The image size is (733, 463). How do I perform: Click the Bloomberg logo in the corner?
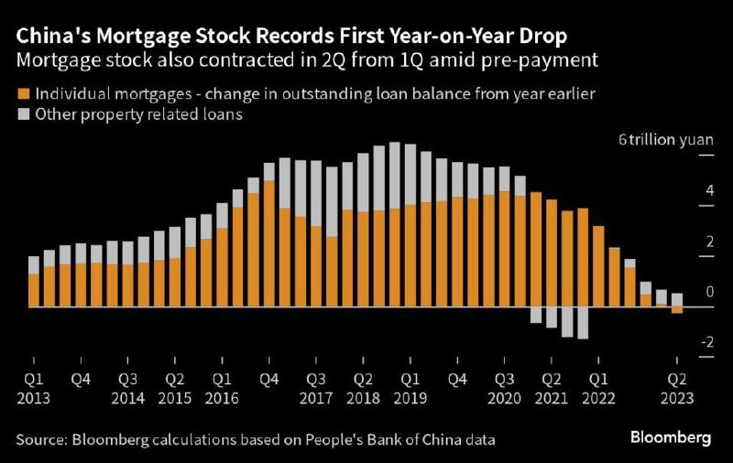[x=670, y=437]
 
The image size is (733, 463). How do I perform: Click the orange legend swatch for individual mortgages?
[x=24, y=94]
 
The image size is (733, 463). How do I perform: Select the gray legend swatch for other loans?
[x=24, y=114]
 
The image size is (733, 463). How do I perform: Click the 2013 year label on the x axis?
[x=33, y=399]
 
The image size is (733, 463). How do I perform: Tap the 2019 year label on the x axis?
[x=410, y=399]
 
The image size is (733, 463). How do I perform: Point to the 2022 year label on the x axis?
[x=598, y=399]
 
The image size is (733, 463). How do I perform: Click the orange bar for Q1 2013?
[x=34, y=290]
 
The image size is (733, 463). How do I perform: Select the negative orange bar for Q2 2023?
[x=677, y=310]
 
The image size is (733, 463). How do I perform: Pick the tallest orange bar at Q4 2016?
[x=268, y=243]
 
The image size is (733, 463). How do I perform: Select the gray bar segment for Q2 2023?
[x=677, y=299]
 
